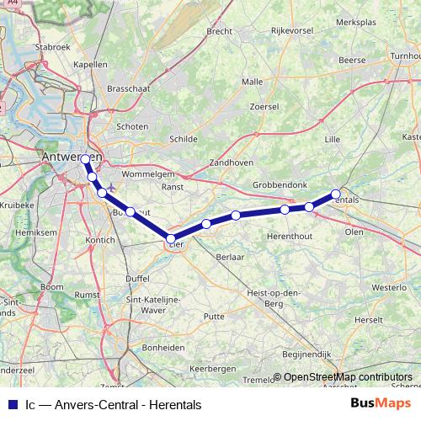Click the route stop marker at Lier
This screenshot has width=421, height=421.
(x=171, y=239)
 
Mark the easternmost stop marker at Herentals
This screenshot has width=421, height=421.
(x=335, y=194)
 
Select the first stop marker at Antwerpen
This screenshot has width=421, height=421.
(x=86, y=158)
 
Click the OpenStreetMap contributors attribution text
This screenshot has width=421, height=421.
(x=348, y=378)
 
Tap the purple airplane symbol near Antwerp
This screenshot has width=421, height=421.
(x=110, y=185)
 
